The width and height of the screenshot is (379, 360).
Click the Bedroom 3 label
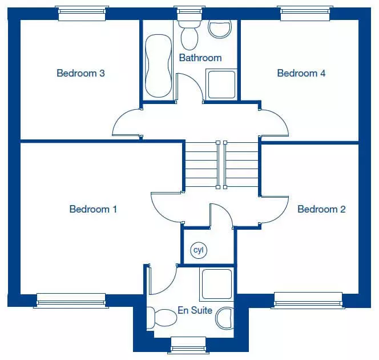pyautogui.click(x=80, y=73)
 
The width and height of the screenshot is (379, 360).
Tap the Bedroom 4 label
pyautogui.click(x=301, y=73)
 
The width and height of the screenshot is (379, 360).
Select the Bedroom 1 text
pyautogui.click(x=93, y=209)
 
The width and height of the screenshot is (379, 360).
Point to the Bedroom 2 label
pyautogui.click(x=321, y=209)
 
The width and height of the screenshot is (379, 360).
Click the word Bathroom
pyautogui.click(x=200, y=58)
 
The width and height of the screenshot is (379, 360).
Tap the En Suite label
pyautogui.click(x=195, y=310)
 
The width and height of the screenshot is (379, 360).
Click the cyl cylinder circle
pyautogui.click(x=199, y=250)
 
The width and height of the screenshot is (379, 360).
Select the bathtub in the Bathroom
pyautogui.click(x=159, y=66)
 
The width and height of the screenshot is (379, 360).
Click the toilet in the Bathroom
pyautogui.click(x=189, y=35)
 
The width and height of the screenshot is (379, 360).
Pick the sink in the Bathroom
pyautogui.click(x=220, y=29)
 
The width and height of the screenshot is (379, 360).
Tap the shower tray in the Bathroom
pyautogui.click(x=221, y=85)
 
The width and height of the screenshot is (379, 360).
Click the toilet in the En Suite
pyautogui.click(x=162, y=318)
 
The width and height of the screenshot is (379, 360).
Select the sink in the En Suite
pyautogui.click(x=225, y=318)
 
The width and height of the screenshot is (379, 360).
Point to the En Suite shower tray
pyautogui.click(x=217, y=284)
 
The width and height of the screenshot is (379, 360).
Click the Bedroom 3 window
pyautogui.click(x=82, y=13)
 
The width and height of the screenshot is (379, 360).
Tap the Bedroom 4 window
pyautogui.click(x=305, y=13)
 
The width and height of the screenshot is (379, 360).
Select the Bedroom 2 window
pyautogui.click(x=308, y=301)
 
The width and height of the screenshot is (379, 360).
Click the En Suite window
pyautogui.click(x=188, y=345)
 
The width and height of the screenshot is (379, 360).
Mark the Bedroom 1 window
pyautogui.click(x=71, y=301)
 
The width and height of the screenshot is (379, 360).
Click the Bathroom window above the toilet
pyautogui.click(x=189, y=13)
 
